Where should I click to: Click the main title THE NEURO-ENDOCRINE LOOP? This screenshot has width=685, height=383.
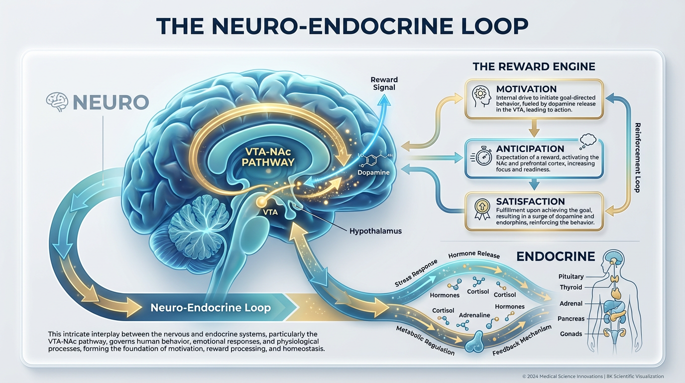click(342, 26)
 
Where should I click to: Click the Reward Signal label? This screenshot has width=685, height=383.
click(384, 83)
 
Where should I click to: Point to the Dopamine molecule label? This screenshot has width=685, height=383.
click(373, 173)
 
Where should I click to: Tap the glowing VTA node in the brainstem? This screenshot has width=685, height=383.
click(260, 201)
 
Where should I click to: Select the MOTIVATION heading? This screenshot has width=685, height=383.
click(526, 89)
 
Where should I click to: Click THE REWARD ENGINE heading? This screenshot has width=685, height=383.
click(534, 66)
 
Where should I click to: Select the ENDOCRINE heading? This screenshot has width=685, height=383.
click(556, 256)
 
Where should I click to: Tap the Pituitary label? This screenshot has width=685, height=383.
click(571, 276)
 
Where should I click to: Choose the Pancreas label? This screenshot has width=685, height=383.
click(571, 319)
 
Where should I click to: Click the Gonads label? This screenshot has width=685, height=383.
click(571, 334)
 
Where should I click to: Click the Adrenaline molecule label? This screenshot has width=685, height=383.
click(474, 315)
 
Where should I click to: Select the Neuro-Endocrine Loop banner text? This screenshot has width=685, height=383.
click(211, 307)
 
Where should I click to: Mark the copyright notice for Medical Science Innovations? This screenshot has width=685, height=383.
click(592, 377)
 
